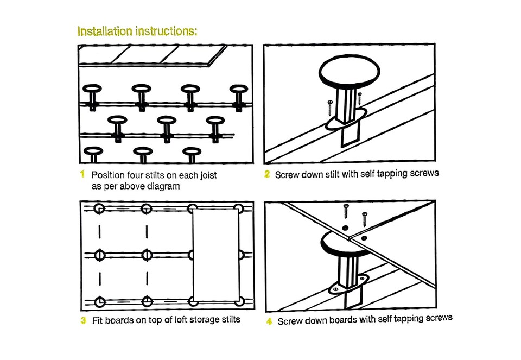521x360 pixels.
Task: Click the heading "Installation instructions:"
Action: [x=137, y=31]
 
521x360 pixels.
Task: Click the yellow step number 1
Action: [x=82, y=175]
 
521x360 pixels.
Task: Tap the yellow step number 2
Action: [x=267, y=175]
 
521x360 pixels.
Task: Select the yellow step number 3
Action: [x=83, y=320]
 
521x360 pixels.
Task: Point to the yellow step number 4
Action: [x=269, y=321]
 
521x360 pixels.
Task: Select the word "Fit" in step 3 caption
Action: [x=98, y=320]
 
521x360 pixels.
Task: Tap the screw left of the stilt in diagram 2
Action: [x=329, y=108]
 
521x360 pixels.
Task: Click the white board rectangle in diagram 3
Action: [x=216, y=255]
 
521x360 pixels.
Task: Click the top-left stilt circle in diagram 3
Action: [x=99, y=209]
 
